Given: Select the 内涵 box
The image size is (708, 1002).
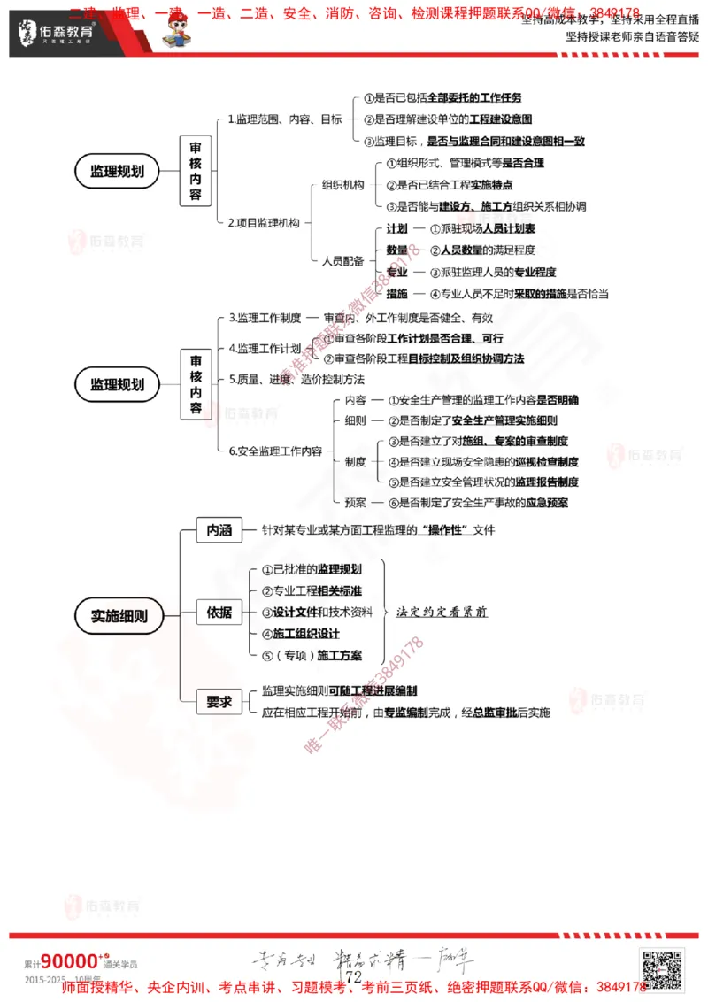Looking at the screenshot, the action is pos(219,530).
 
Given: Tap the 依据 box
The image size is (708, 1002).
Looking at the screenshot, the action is pos(219,612).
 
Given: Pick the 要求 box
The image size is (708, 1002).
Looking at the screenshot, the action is pos(219,702).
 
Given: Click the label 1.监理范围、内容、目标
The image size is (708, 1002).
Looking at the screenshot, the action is pos(285,119).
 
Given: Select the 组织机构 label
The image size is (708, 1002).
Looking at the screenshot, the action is pos(342,185).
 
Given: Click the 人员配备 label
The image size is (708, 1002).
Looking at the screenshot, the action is pos(342,261).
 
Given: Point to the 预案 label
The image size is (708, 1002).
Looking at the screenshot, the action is pos(355,503).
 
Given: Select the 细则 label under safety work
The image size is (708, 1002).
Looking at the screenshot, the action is pos(355,420).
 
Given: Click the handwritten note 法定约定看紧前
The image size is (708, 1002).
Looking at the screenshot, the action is pos(442,612).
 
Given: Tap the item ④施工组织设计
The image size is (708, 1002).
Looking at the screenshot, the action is pos(301,634).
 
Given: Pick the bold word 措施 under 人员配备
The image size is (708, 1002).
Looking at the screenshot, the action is pos(397,294).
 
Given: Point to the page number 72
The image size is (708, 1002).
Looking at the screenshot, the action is pos(354,976).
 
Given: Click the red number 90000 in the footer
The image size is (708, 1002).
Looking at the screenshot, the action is pos(69,961).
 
